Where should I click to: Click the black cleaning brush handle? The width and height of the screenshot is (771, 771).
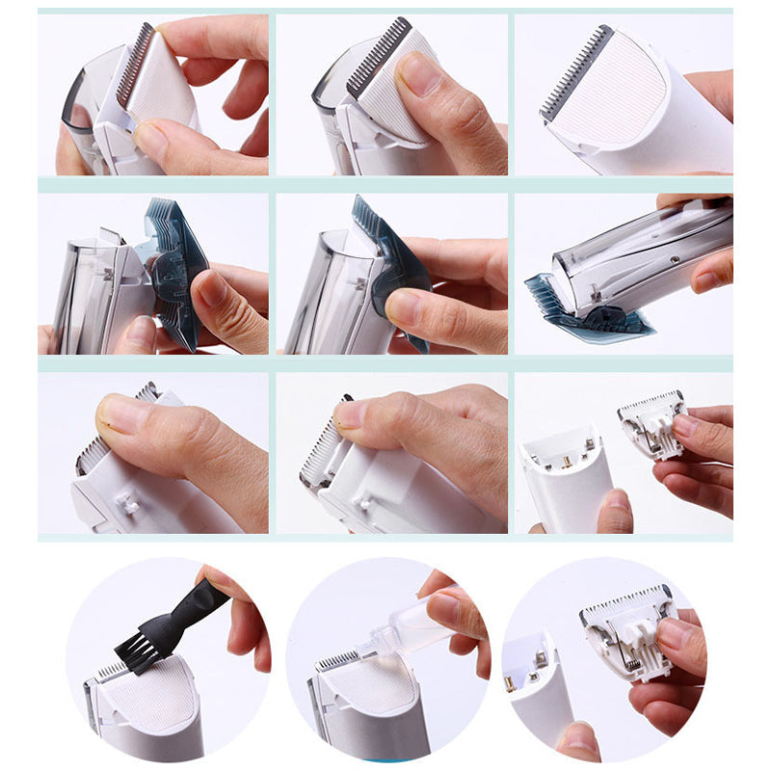pyautogui.click(x=197, y=607)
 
